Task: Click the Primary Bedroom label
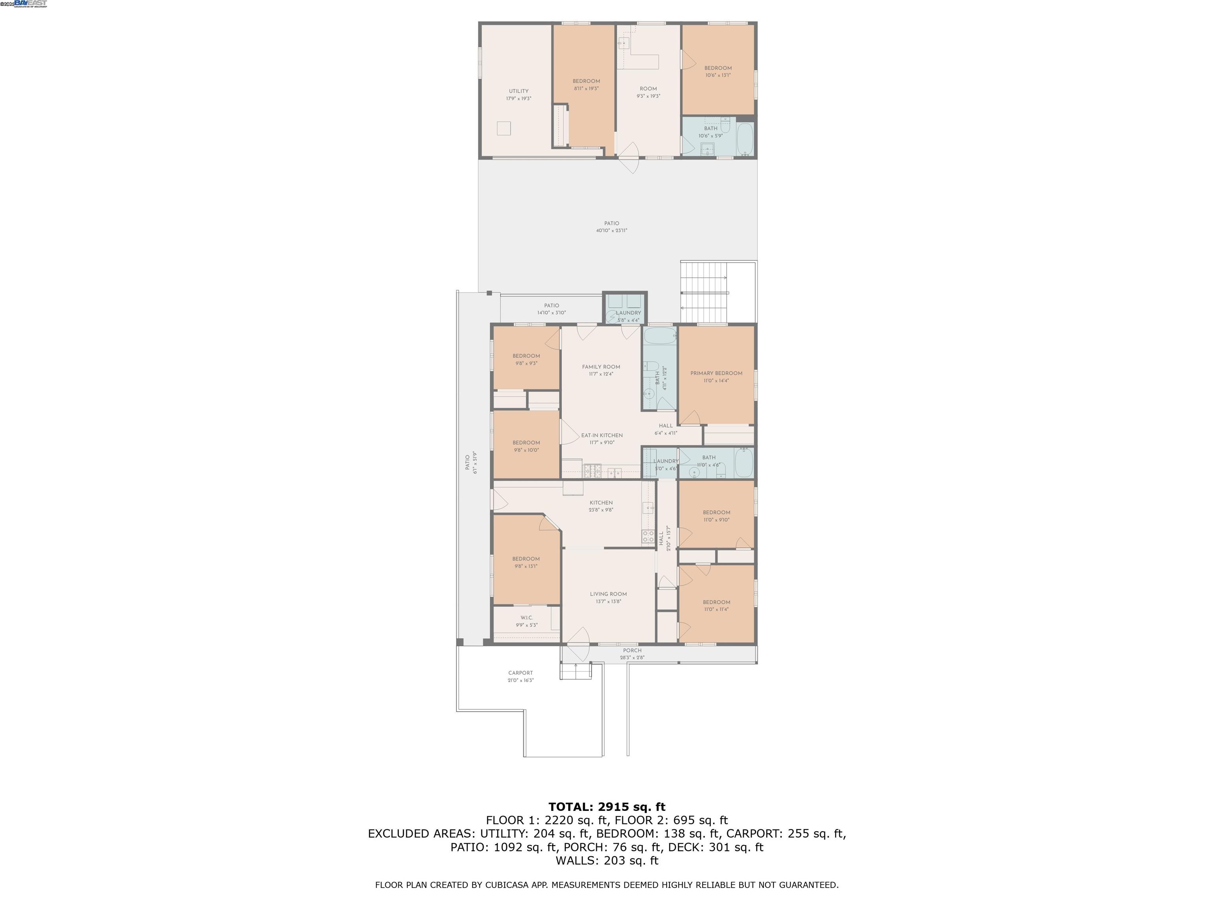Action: [716, 373]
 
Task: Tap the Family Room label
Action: [601, 367]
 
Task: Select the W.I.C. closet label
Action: [526, 618]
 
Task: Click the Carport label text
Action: [520, 673]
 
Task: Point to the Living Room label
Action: [608, 594]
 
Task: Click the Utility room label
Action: [518, 91]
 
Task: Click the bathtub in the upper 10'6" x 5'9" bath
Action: [745, 139]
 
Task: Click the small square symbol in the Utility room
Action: [504, 128]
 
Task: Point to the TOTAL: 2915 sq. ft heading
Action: [607, 807]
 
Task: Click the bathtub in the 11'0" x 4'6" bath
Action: [744, 463]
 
